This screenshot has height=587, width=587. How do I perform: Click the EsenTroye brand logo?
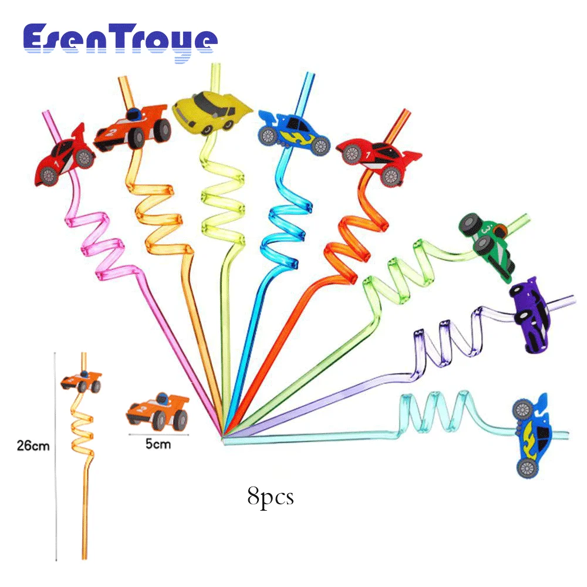pyautogui.click(x=120, y=41)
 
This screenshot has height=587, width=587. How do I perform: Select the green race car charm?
pyautogui.click(x=488, y=243)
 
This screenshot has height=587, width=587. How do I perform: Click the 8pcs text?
pyautogui.click(x=270, y=497)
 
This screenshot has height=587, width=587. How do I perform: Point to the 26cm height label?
pyautogui.click(x=33, y=446)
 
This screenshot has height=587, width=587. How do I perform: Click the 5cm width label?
pyautogui.click(x=157, y=444)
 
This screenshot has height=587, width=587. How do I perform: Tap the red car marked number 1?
pyautogui.click(x=65, y=156)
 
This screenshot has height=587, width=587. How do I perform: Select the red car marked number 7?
pyautogui.click(x=380, y=157)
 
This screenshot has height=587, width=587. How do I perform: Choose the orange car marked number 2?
pyautogui.click(x=130, y=129)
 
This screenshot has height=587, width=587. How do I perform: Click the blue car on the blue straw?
pyautogui.click(x=293, y=133)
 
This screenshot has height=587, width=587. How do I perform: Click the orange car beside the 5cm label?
pyautogui.click(x=157, y=410)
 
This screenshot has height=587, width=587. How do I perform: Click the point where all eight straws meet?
pyautogui.click(x=223, y=436)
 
